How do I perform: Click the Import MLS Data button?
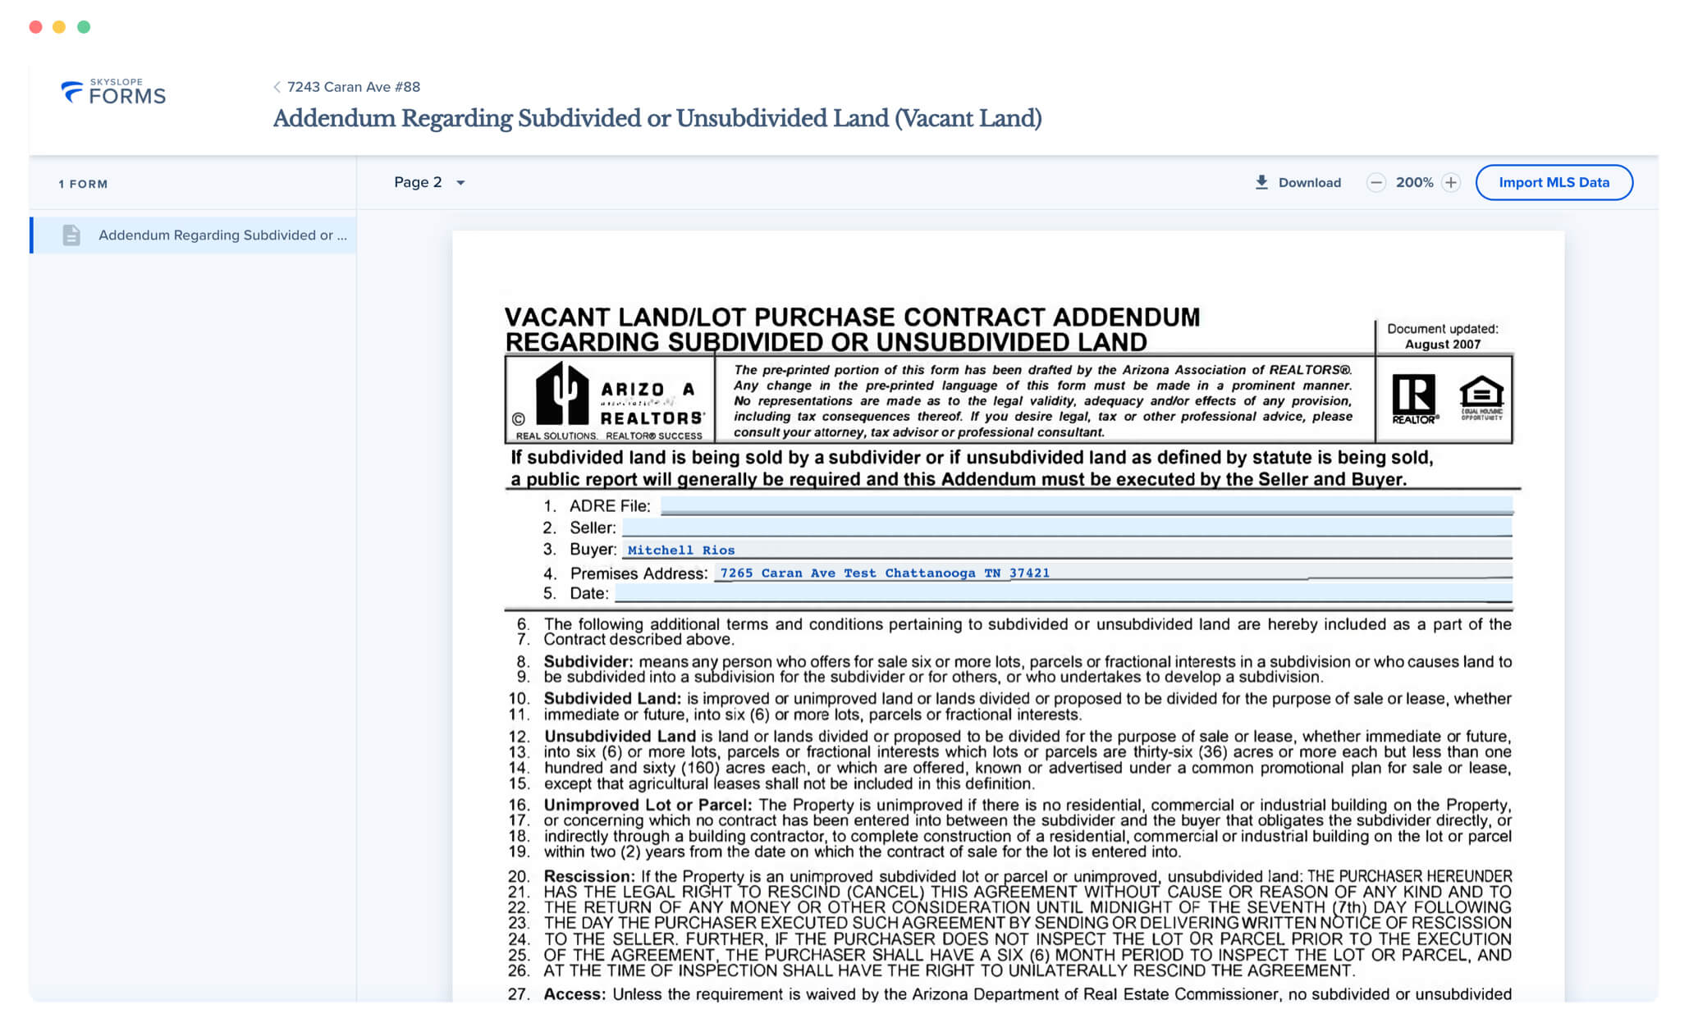pos(1553,182)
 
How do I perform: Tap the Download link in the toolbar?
pos(1298,182)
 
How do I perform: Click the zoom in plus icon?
pos(1451,182)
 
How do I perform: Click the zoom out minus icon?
pos(1376,182)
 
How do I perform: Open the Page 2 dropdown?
pos(429,182)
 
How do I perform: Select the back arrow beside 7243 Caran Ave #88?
pos(277,87)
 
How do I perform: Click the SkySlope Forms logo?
pos(113,92)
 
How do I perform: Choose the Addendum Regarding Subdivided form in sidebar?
pos(222,235)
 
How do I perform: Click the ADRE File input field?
pos(1085,505)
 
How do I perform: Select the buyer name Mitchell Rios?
pos(680,550)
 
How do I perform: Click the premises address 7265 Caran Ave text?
pos(884,573)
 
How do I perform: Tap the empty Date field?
pos(1062,593)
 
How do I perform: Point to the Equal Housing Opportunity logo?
pos(1481,398)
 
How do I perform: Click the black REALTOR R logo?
pos(1414,398)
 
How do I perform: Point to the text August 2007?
pos(1442,345)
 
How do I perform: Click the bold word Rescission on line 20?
pos(588,876)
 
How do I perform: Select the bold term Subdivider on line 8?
pos(588,661)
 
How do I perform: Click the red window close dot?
pos(35,27)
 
